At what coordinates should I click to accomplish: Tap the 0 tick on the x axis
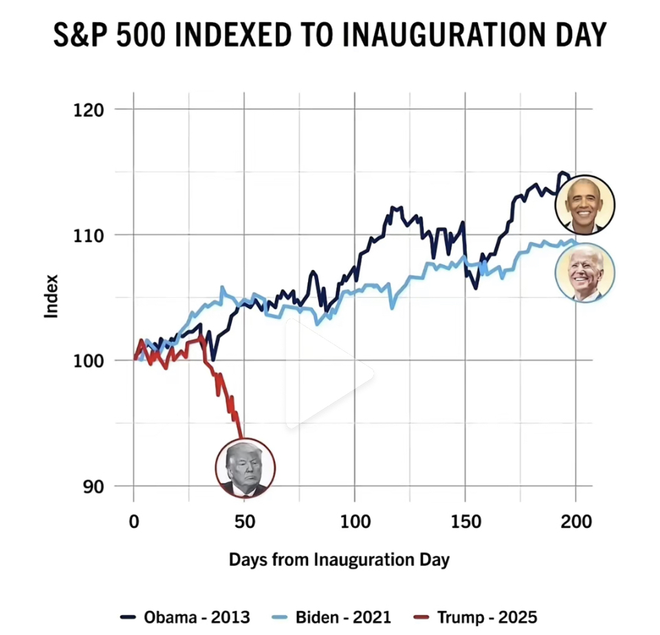[134, 522]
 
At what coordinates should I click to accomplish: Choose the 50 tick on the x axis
[244, 522]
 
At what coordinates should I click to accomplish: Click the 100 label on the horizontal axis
[355, 522]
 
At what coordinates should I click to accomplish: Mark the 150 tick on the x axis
[465, 522]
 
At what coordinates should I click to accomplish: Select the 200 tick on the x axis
[576, 522]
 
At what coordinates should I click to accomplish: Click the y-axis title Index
[52, 296]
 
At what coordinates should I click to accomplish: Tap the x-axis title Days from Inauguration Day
[339, 559]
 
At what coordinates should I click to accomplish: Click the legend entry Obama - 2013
[197, 617]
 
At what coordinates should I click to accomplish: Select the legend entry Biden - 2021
[343, 617]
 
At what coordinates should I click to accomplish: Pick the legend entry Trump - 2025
[487, 617]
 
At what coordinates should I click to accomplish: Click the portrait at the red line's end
[245, 467]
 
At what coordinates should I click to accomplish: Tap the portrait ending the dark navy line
[585, 205]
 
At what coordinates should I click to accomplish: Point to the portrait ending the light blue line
[585, 273]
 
